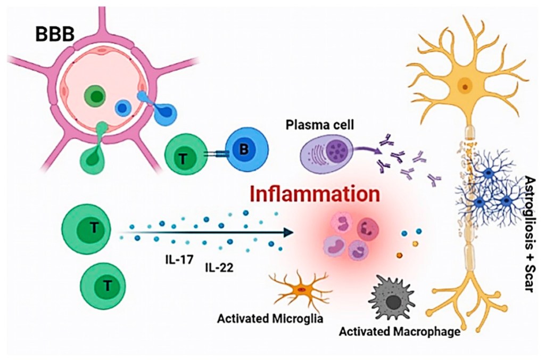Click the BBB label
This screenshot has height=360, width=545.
coord(55,35)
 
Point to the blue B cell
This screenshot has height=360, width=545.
coord(243,151)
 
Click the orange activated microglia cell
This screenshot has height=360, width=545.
coord(301,290)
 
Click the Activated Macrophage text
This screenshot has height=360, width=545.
coord(399,332)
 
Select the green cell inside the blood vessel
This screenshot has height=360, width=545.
coord(96,97)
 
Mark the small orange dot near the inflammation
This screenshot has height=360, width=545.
coord(400,256)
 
